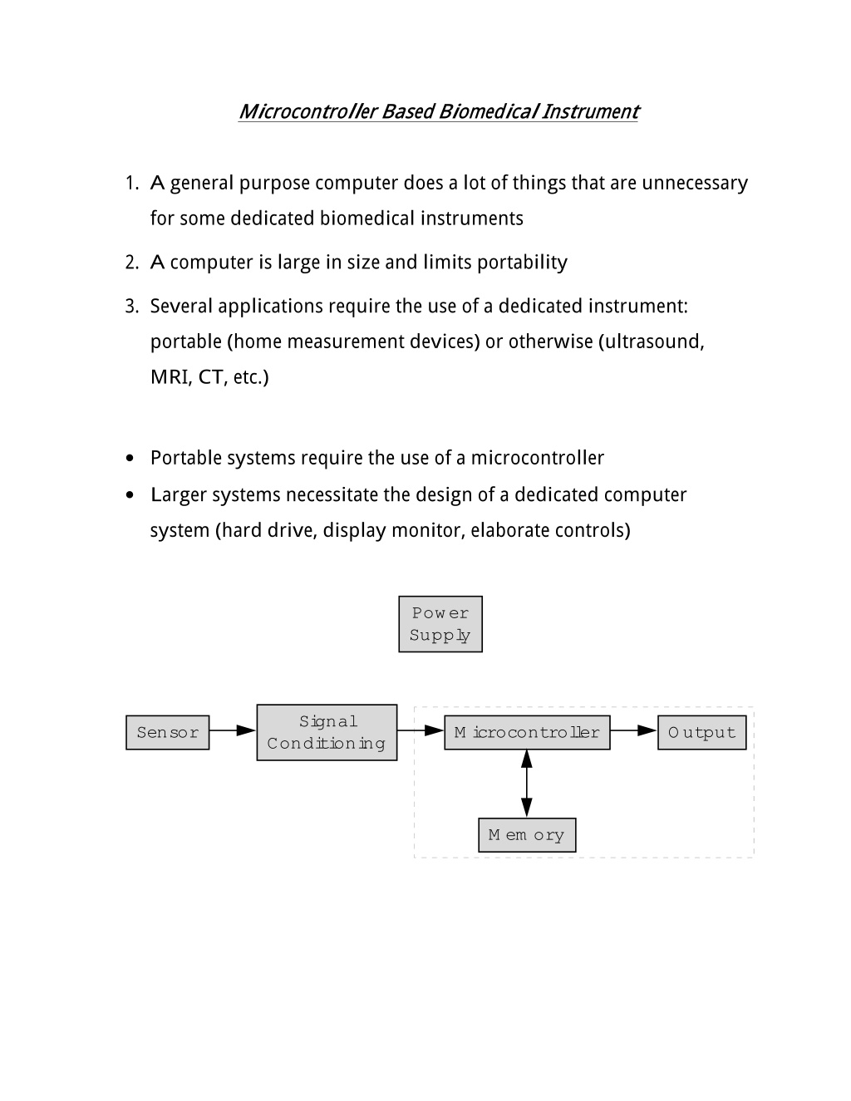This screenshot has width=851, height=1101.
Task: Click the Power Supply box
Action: pyautogui.click(x=440, y=624)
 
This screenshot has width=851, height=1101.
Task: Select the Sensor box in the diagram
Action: pyautogui.click(x=167, y=732)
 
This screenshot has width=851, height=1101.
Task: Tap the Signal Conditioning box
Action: pyautogui.click(x=327, y=732)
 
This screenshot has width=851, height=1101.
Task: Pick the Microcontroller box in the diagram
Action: pyautogui.click(x=527, y=732)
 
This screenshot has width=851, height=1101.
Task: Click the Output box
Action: pyautogui.click(x=701, y=732)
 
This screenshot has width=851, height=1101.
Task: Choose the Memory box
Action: pyautogui.click(x=527, y=834)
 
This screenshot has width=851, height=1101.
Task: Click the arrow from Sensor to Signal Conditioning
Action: pyautogui.click(x=233, y=730)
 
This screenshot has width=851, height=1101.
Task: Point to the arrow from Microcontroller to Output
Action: pyautogui.click(x=634, y=730)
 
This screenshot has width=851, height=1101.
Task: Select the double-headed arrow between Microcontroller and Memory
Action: pyautogui.click(x=527, y=784)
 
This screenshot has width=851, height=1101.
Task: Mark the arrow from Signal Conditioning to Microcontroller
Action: pyautogui.click(x=421, y=730)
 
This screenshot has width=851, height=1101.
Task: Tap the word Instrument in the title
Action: pyautogui.click(x=591, y=111)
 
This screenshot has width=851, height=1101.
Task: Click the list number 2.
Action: pyautogui.click(x=131, y=263)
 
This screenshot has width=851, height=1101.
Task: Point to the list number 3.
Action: pyautogui.click(x=131, y=307)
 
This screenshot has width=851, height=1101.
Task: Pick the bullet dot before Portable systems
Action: pyautogui.click(x=130, y=458)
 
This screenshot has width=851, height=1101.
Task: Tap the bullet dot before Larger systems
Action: pyautogui.click(x=130, y=494)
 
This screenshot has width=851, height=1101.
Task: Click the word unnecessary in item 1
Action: pyautogui.click(x=695, y=184)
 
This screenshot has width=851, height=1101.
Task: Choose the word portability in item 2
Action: pyautogui.click(x=522, y=263)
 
